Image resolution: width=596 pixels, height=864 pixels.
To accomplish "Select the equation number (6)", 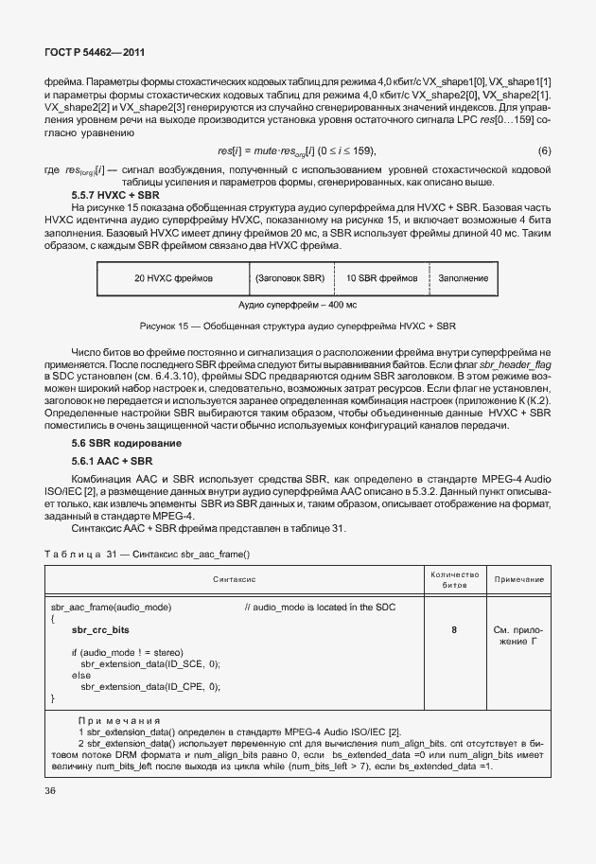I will coord(545,151).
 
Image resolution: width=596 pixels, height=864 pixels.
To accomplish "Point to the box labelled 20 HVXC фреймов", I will coord(173,279).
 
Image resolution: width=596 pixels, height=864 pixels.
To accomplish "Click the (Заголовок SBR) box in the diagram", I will coord(290,279).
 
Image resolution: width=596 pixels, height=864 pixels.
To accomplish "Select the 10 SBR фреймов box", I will coord(381,279).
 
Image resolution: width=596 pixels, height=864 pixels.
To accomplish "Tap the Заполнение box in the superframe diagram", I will coord(463,279).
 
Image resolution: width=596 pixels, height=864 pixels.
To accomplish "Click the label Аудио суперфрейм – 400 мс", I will coord(297,305).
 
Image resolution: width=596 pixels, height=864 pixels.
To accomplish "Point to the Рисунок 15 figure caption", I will coord(297,326).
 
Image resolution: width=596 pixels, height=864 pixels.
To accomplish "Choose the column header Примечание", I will coord(518,578).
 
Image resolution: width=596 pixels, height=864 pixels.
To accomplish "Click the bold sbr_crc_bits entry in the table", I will coord(100,629).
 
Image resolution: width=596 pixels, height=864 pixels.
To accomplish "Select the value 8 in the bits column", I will coord(454,629).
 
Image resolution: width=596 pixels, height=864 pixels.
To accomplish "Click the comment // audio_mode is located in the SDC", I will coord(319,606).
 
